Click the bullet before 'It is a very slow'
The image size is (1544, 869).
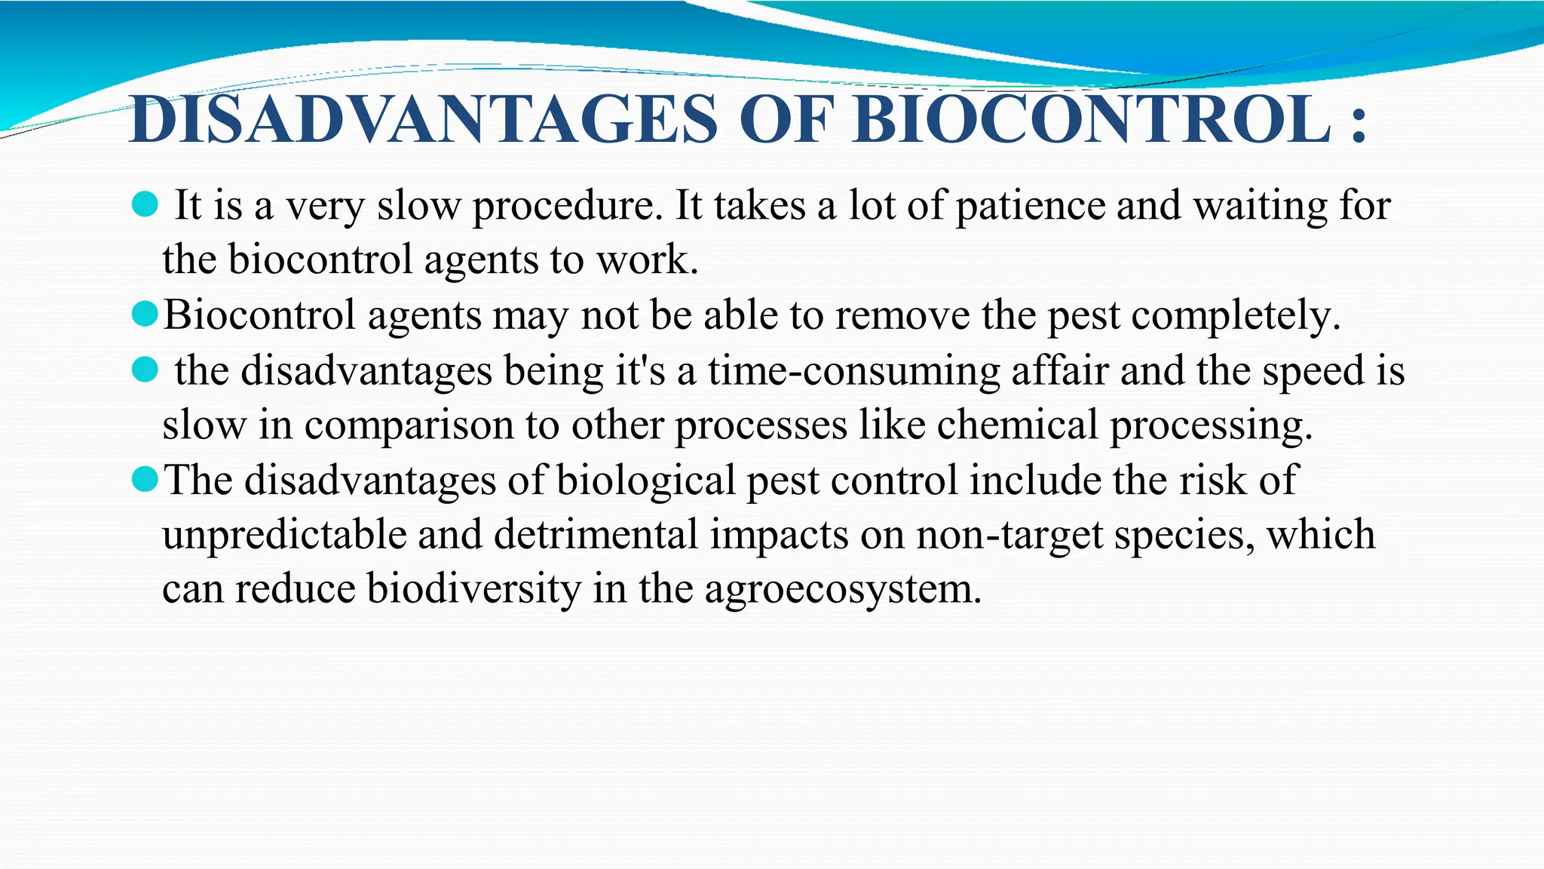click(x=145, y=204)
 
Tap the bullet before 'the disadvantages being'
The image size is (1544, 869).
click(x=145, y=370)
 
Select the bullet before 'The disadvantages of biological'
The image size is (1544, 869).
click(x=145, y=478)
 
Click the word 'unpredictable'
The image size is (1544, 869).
click(x=283, y=535)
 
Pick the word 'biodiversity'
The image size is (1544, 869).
click(x=473, y=589)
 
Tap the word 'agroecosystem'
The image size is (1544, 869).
click(x=843, y=591)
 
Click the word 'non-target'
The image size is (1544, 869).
click(x=1009, y=536)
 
